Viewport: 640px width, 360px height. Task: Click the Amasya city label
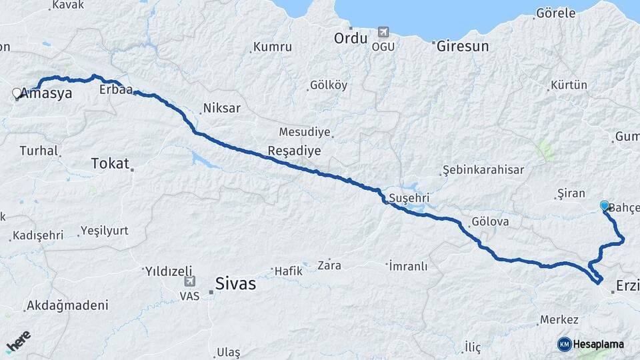(47, 94)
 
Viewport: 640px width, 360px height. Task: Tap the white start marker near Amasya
(17, 94)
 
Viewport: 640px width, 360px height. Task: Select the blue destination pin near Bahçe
(605, 207)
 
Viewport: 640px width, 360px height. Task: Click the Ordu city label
(351, 38)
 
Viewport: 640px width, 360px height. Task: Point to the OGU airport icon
(383, 31)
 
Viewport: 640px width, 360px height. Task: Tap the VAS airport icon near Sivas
(190, 282)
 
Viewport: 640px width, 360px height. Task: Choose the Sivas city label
(235, 285)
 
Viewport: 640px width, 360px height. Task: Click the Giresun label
(463, 47)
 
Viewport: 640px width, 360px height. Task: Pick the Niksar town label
(221, 108)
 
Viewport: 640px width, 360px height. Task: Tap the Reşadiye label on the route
(294, 151)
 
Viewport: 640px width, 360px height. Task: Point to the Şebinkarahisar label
(483, 170)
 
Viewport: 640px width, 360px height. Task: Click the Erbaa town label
(115, 89)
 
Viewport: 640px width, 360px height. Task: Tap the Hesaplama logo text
(598, 344)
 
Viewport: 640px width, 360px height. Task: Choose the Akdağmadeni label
(67, 306)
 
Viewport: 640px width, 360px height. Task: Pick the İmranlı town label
(407, 266)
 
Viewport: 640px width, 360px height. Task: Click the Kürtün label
(569, 85)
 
